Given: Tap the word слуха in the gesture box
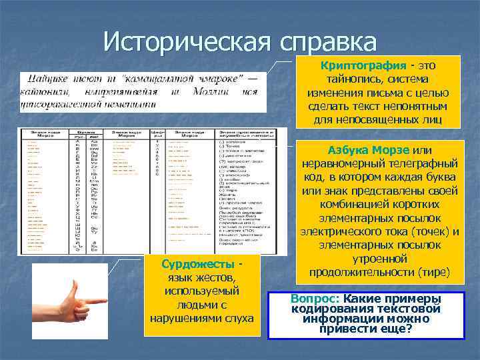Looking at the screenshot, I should point(239,318).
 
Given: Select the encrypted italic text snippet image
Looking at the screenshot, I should point(143,90).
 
